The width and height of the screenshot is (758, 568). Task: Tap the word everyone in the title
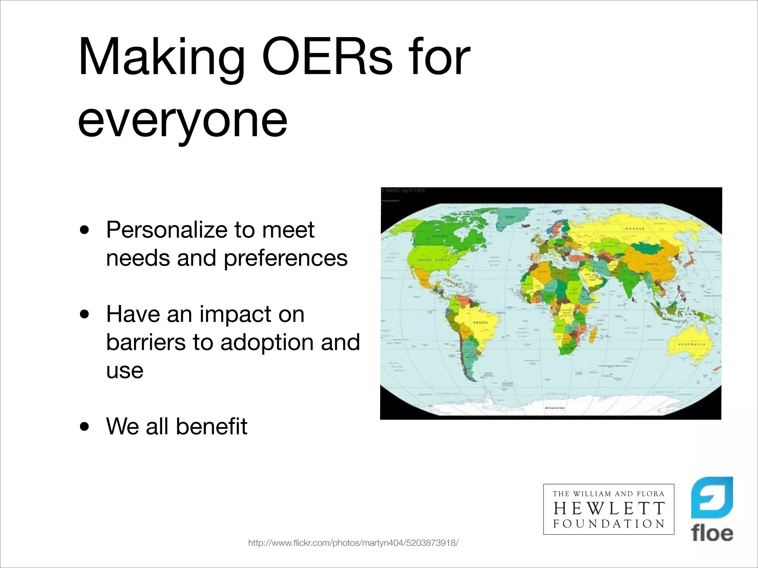point(182,119)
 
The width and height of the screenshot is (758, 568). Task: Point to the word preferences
point(286,258)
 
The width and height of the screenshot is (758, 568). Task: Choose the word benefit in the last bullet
point(211,426)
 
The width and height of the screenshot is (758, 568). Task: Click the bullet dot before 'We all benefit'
point(85,427)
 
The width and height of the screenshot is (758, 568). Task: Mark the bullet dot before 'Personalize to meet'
point(85,230)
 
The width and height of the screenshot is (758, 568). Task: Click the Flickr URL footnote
point(353,543)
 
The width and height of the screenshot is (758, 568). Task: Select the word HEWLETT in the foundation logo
point(609,509)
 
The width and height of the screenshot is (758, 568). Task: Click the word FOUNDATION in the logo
point(609,524)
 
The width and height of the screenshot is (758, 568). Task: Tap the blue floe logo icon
point(712,498)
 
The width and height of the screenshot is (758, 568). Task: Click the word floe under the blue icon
point(712,534)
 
